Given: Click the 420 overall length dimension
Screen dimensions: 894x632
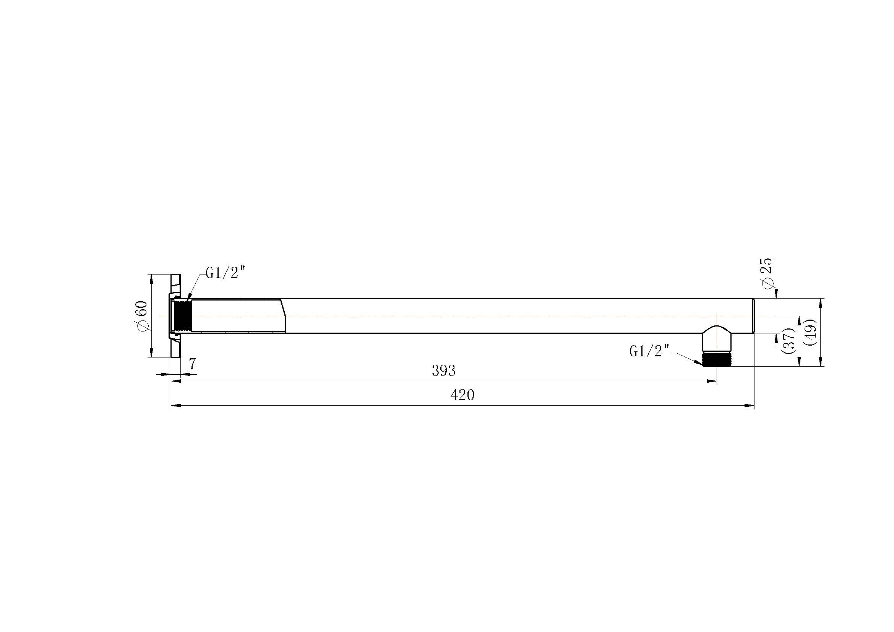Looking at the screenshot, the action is [462, 395].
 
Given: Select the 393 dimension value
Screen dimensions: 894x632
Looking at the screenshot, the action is [443, 371].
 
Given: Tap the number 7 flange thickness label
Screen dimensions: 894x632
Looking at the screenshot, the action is [192, 364].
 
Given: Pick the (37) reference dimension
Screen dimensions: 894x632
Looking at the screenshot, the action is [788, 341].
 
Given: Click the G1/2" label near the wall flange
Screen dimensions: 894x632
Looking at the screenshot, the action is [226, 273].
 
